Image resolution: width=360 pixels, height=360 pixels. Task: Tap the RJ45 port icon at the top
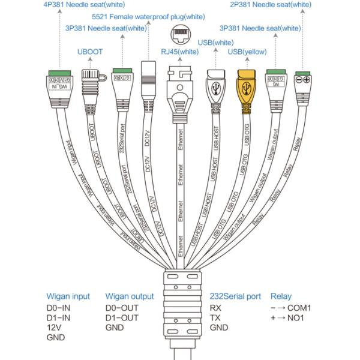[181, 34]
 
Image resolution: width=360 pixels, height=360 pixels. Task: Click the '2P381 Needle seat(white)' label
[271, 5]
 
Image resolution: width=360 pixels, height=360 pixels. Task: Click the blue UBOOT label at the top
[90, 52]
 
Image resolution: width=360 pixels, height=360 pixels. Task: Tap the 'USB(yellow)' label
[247, 53]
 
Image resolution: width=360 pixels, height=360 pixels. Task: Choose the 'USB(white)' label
[215, 42]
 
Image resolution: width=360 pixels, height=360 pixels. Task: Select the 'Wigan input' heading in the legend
[68, 296]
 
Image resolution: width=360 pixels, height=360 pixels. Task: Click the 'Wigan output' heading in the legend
[129, 296]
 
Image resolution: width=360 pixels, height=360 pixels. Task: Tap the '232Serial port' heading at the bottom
[235, 296]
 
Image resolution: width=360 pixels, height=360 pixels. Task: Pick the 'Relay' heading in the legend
[281, 296]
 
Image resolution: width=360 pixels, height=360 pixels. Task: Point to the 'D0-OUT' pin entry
[122, 307]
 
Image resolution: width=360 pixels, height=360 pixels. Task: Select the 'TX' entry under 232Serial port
[215, 317]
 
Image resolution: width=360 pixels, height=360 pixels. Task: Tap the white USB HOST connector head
[216, 83]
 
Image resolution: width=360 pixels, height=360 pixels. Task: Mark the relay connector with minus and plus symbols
[302, 80]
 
